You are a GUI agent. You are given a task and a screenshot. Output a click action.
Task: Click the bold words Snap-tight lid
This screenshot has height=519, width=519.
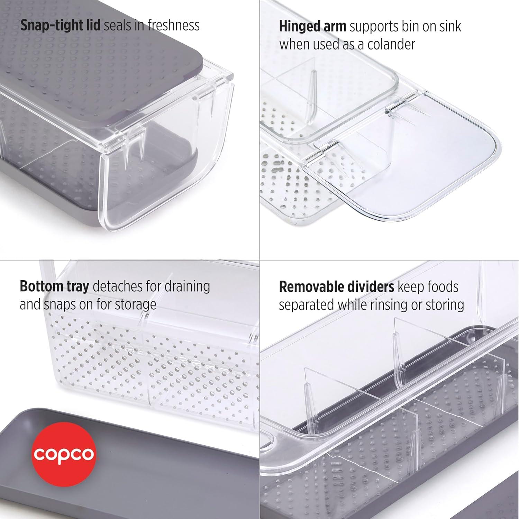point(60,25)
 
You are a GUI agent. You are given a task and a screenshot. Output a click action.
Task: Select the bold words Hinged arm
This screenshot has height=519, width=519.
point(312,27)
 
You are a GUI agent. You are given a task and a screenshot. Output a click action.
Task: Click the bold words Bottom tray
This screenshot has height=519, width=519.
point(54,286)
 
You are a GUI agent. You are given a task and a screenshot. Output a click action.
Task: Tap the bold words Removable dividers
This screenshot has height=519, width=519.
point(336,287)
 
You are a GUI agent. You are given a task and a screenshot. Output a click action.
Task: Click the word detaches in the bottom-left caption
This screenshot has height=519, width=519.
point(116,286)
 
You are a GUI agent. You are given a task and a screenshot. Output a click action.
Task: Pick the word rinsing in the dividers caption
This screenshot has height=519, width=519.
point(395,305)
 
